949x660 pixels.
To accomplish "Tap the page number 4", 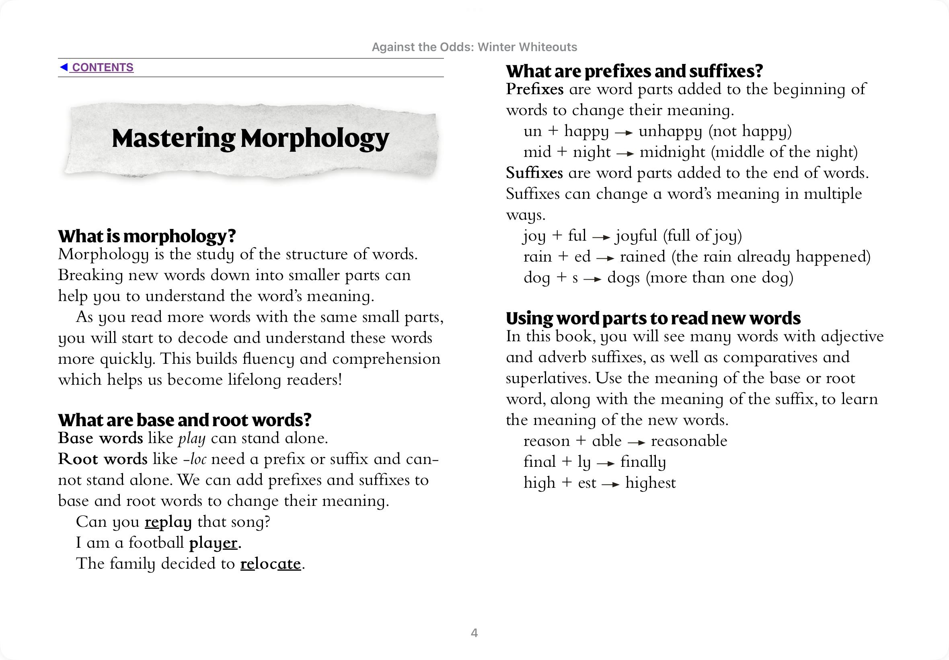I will pyautogui.click(x=474, y=633).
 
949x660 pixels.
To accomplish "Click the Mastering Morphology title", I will pyautogui.click(x=251, y=138).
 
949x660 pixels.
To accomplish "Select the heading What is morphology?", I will pyautogui.click(x=147, y=236).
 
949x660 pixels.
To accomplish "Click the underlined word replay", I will pyautogui.click(x=168, y=522).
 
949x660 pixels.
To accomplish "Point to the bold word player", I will pyautogui.click(x=213, y=543).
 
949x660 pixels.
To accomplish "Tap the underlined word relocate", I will pyautogui.click(x=271, y=564).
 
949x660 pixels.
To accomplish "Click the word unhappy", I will pyautogui.click(x=670, y=132).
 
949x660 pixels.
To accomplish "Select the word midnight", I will pyautogui.click(x=672, y=152).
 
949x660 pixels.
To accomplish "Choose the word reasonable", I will pyautogui.click(x=689, y=441).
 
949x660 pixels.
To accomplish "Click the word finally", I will pyautogui.click(x=643, y=462).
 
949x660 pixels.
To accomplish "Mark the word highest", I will pyautogui.click(x=650, y=483).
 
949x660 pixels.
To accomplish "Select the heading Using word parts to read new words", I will pyautogui.click(x=653, y=318).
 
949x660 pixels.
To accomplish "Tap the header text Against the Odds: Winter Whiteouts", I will pyautogui.click(x=474, y=47).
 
